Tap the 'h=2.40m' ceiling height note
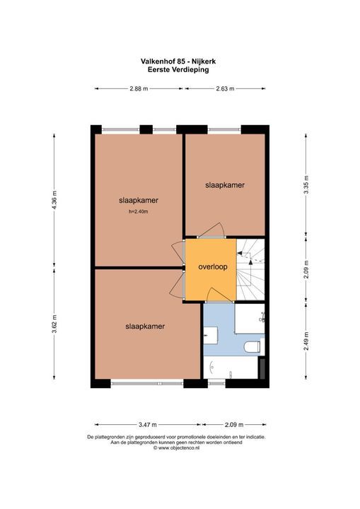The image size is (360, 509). pyautogui.click(x=138, y=211)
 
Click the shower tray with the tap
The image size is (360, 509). pyautogui.click(x=252, y=320)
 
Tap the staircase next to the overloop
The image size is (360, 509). pyautogui.click(x=252, y=270)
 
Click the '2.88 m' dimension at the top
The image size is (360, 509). pyautogui.click(x=139, y=89)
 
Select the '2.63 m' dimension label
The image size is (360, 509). pyautogui.click(x=224, y=89)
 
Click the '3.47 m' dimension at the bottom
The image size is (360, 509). pyautogui.click(x=147, y=425)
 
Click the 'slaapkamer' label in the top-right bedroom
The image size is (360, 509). pyautogui.click(x=225, y=185)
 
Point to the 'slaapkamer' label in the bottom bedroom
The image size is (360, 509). pyautogui.click(x=145, y=327)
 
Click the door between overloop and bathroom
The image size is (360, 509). pyautogui.click(x=216, y=296)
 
